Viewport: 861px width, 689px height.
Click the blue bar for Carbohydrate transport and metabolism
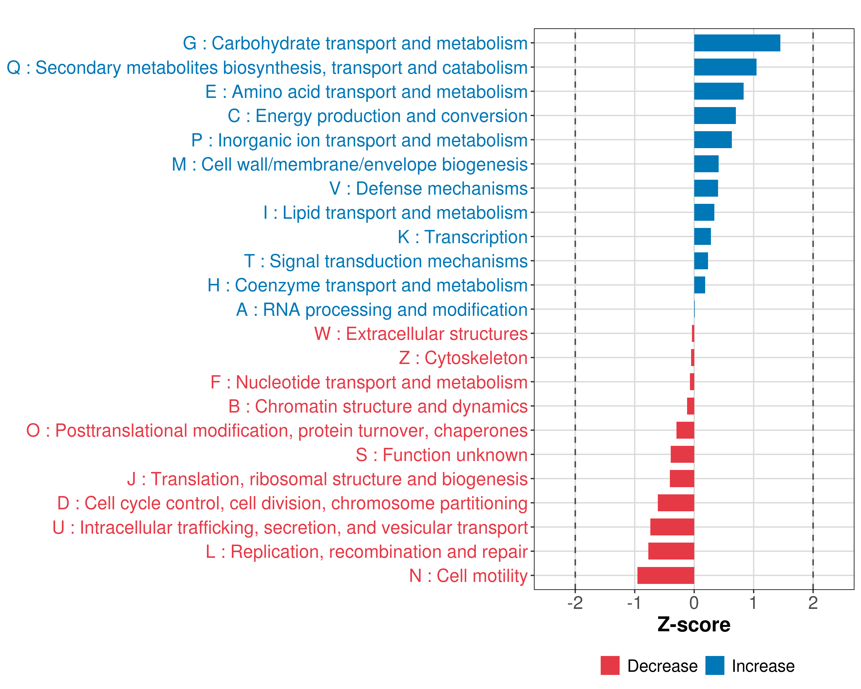(737, 43)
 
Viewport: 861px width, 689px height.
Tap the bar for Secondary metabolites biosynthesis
(725, 67)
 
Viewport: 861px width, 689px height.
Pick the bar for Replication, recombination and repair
(671, 551)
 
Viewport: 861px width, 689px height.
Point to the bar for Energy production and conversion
(715, 116)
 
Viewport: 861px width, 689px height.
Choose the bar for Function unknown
(682, 454)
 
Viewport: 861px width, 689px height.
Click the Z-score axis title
(694, 625)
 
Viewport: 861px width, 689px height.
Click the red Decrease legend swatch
(610, 665)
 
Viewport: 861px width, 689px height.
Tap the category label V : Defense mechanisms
(428, 189)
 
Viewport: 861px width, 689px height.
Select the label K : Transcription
(462, 237)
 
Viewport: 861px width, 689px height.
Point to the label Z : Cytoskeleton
(463, 358)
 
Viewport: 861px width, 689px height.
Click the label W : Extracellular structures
(421, 334)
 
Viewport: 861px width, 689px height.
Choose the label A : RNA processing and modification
(382, 309)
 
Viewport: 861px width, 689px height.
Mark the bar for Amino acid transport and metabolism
(719, 92)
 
